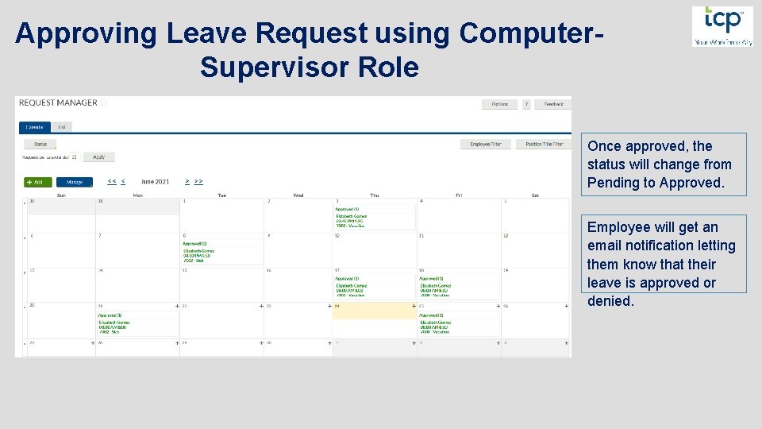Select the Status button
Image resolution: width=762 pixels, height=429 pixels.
click(40, 145)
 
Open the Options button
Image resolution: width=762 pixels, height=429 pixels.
click(499, 104)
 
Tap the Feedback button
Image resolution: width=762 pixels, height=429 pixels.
click(552, 104)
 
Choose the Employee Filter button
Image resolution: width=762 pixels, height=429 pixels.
click(485, 145)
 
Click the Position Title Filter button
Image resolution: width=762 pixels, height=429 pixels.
click(544, 145)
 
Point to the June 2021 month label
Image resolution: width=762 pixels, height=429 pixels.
click(155, 182)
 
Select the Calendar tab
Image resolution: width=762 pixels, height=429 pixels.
click(34, 126)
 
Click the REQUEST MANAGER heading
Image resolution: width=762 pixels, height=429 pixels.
click(58, 102)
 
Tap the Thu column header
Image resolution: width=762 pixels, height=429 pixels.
click(374, 195)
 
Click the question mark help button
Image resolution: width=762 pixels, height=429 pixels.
click(525, 104)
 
